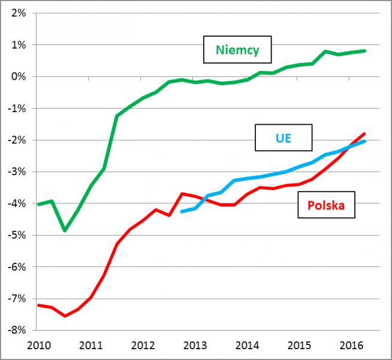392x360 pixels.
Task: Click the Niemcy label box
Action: pos(237,50)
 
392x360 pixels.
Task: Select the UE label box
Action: pos(284,138)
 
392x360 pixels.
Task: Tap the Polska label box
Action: pos(326,206)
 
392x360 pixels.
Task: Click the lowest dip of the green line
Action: pos(65,230)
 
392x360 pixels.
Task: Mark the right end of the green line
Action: pos(365,51)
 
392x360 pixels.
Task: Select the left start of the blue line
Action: pos(182,211)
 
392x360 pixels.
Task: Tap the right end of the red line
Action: pos(364,134)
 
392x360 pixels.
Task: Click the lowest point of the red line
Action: pos(65,316)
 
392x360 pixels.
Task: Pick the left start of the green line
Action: pos(38,204)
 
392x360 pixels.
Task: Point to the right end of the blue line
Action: pos(364,141)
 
